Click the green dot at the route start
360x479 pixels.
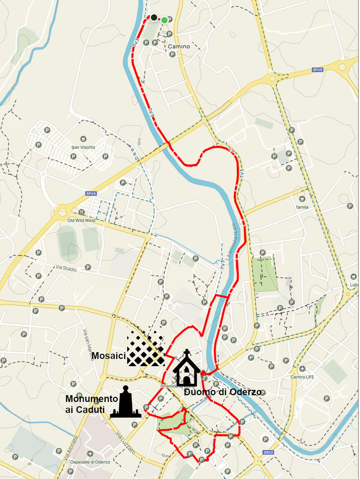tap(165, 20)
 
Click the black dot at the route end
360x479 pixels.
tap(154, 17)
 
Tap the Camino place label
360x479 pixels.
tap(179, 46)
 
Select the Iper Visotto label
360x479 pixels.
tap(83, 147)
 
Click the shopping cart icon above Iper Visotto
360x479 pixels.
tap(83, 139)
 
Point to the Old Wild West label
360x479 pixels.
tap(82, 220)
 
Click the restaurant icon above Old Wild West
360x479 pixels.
tap(82, 212)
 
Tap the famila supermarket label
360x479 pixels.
tap(302, 207)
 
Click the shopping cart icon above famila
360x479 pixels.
tap(302, 199)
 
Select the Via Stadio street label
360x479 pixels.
tap(66, 268)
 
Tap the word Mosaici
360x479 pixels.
tap(108, 356)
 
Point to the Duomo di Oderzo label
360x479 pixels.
tap(223, 392)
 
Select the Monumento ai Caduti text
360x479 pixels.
tap(91, 404)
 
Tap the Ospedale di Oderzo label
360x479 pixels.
tap(90, 462)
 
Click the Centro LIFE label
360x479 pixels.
tap(302, 377)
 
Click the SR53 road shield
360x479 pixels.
tap(268, 452)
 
